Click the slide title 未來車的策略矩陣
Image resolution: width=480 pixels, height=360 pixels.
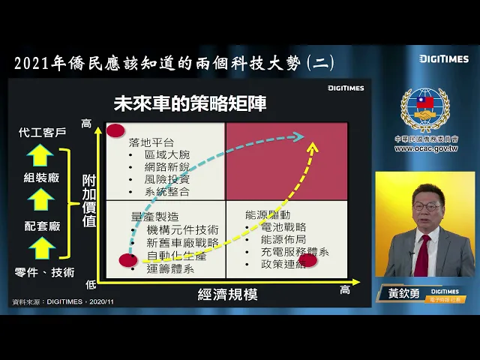click(190, 103)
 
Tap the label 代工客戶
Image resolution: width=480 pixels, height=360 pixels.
click(42, 133)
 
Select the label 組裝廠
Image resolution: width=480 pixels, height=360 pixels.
click(42, 178)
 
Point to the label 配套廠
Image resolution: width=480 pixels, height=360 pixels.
click(42, 226)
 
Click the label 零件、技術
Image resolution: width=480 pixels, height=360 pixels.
click(45, 272)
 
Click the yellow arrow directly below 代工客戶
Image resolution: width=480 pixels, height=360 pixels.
click(42, 154)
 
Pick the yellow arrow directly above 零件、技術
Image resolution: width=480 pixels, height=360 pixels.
click(42, 248)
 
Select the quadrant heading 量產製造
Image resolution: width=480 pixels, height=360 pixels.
click(154, 216)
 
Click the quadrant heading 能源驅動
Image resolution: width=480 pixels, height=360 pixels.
click(267, 214)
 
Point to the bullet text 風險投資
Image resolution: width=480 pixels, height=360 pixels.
click(167, 178)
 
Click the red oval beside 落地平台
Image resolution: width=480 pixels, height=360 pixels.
click(115, 131)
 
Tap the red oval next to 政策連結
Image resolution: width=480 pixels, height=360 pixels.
click(308, 260)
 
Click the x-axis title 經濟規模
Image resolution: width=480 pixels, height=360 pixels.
click(227, 294)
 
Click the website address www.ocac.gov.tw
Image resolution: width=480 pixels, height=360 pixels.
click(425, 148)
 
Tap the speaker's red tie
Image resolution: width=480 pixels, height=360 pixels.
click(421, 256)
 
